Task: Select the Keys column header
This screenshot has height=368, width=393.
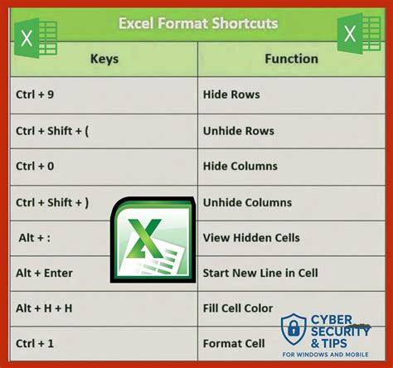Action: point(104,59)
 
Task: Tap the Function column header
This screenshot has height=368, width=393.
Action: point(291,59)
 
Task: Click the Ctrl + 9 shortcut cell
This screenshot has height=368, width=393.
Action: point(34,94)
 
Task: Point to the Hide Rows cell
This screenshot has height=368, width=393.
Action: point(231,94)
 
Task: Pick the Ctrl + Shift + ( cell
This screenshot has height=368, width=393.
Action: point(51,130)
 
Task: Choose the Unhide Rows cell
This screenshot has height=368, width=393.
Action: point(239,130)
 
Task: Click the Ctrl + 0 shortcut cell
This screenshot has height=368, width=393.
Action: point(34,166)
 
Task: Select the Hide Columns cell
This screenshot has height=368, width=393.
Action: point(240,166)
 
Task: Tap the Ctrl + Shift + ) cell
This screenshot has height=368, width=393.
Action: point(51,201)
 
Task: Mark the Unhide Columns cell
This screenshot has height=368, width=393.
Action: point(247,202)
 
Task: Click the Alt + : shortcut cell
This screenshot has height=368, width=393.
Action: point(34,237)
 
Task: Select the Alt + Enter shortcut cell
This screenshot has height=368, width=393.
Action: point(44,273)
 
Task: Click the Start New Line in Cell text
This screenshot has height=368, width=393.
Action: point(260,273)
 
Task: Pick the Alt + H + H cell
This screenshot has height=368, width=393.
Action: point(44,308)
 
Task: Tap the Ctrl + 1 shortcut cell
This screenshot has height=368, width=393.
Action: point(34,343)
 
